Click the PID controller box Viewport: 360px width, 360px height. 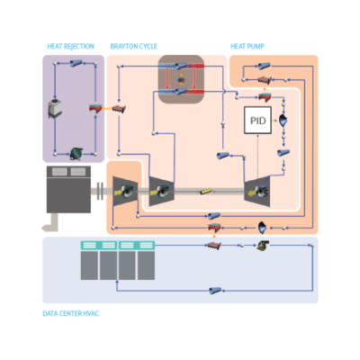(257, 121)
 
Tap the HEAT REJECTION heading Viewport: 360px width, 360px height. (71, 46)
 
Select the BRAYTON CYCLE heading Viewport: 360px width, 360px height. (133, 46)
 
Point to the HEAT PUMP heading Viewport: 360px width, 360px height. (247, 46)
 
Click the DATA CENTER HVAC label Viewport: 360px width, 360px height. (71, 313)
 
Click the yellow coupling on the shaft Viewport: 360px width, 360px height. (206, 191)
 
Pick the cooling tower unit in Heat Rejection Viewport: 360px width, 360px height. (55, 108)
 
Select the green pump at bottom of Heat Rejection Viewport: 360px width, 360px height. (76, 154)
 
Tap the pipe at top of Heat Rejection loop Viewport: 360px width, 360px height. (76, 63)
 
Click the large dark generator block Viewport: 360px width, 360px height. (68, 189)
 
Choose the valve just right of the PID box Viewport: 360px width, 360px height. (283, 121)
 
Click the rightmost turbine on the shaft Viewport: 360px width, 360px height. (257, 192)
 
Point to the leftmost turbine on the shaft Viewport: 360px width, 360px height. (125, 191)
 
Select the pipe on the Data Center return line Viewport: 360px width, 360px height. (215, 291)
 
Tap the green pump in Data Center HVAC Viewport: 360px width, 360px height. (263, 246)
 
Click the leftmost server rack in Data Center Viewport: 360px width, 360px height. (89, 260)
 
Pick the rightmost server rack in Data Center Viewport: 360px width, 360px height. (146, 260)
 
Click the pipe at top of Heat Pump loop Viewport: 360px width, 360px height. (264, 66)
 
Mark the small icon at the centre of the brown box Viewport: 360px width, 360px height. (181, 80)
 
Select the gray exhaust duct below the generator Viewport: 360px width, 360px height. (51, 223)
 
